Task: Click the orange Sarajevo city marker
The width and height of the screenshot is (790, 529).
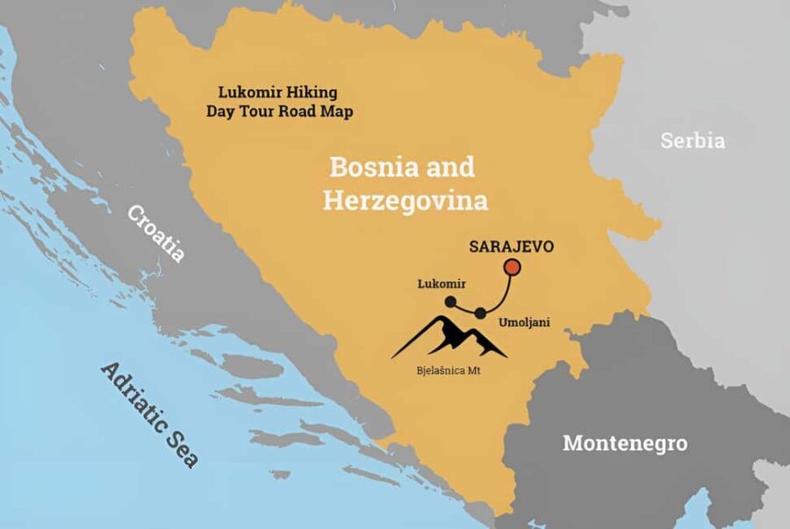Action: click(x=512, y=267)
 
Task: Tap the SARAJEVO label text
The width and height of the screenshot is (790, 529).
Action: click(x=512, y=246)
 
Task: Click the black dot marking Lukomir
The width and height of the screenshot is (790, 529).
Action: click(x=450, y=302)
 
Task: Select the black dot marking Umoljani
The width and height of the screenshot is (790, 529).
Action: click(x=480, y=313)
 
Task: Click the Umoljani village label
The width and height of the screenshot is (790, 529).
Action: click(x=524, y=322)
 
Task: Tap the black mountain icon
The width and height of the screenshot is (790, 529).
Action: click(x=449, y=338)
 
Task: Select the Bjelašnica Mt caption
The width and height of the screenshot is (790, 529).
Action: click(x=454, y=371)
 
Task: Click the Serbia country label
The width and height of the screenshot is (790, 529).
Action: click(x=693, y=140)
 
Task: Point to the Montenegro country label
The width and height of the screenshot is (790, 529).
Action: click(x=625, y=442)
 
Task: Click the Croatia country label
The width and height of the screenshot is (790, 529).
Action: click(x=156, y=233)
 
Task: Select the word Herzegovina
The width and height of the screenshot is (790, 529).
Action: click(x=405, y=201)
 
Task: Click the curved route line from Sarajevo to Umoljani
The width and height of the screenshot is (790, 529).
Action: click(x=504, y=294)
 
